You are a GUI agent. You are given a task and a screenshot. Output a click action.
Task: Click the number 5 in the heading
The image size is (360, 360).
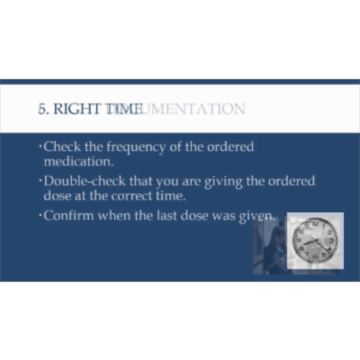pyautogui.click(x=41, y=109)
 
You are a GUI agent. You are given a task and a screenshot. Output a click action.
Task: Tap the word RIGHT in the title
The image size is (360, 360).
pyautogui.click(x=77, y=109)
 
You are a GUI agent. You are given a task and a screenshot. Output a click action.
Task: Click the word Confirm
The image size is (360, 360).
pyautogui.click(x=69, y=216)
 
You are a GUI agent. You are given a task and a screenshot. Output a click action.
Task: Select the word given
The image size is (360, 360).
pyautogui.click(x=257, y=216)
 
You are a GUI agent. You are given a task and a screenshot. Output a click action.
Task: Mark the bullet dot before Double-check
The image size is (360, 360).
pyautogui.click(x=40, y=181)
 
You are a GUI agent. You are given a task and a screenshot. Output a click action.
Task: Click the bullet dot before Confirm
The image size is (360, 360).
pyautogui.click(x=40, y=216)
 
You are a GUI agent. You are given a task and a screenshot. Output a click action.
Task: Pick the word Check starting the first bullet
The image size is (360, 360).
pyautogui.click(x=61, y=147)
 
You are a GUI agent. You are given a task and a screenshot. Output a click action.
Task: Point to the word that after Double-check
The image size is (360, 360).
pyautogui.click(x=137, y=181)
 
